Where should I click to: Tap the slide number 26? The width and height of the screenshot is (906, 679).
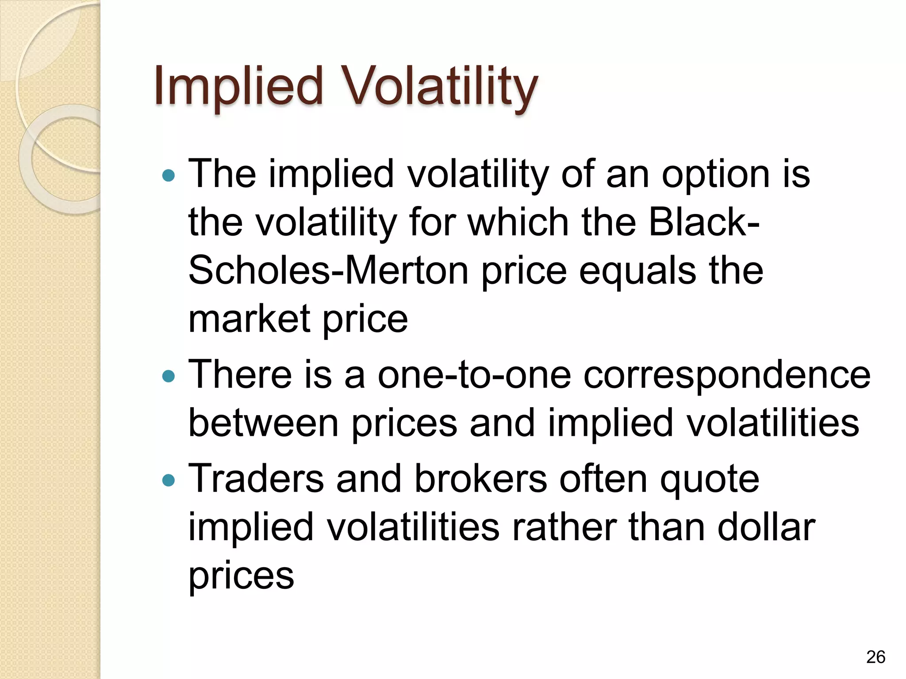pos(875,657)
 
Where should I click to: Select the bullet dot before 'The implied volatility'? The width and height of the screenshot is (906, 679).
pos(169,176)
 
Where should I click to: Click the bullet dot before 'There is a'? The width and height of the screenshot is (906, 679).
pos(169,377)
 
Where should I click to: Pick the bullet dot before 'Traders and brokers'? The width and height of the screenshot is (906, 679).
pos(169,481)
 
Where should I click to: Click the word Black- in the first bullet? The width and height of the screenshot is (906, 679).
pos(704,222)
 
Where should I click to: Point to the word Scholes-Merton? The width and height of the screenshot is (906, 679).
pos(328,271)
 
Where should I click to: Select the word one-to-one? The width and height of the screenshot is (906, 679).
pos(474,375)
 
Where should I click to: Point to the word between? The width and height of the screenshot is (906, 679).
pos(264,423)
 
